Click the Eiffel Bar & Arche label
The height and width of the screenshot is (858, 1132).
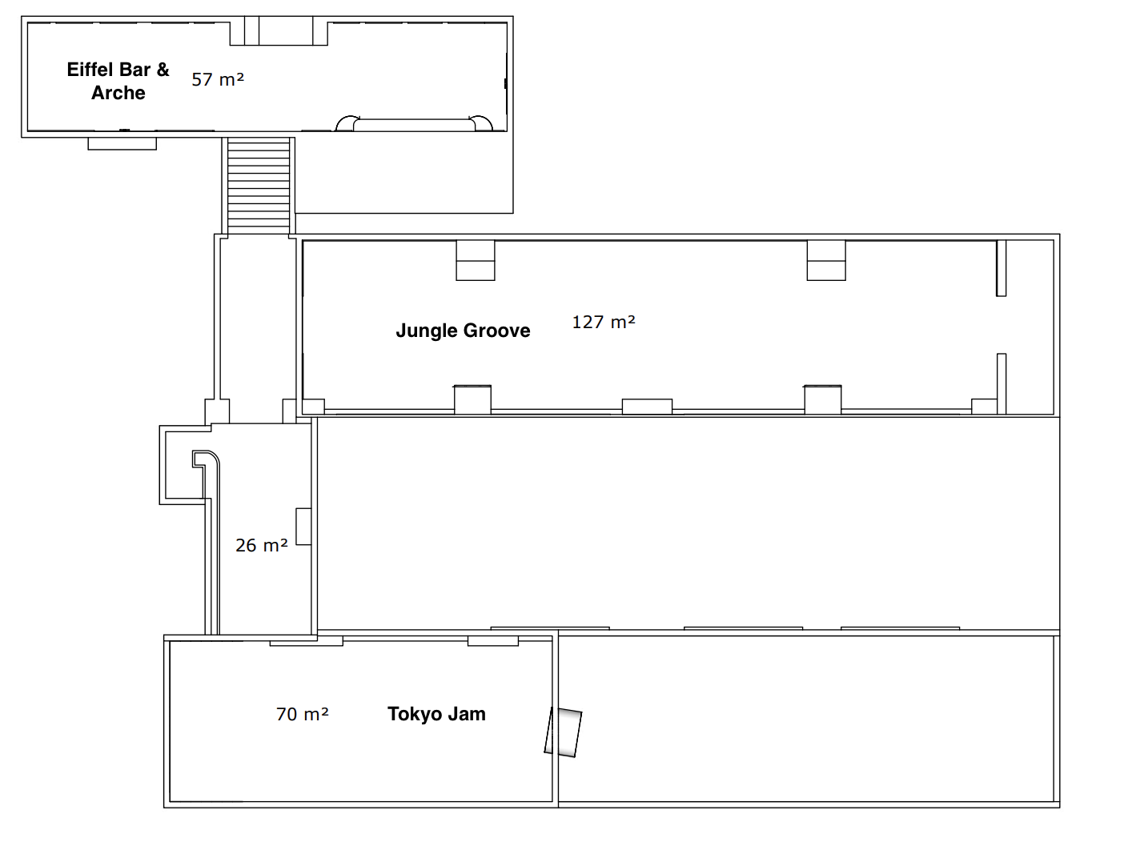(x=118, y=81)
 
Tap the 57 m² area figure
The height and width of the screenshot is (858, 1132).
(x=218, y=79)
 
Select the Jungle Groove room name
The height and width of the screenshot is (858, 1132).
(x=463, y=331)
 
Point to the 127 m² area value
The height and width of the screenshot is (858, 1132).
(x=604, y=323)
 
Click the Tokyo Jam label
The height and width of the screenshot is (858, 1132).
(x=436, y=714)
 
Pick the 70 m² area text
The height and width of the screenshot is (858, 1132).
(x=302, y=714)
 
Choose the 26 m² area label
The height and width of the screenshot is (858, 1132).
(x=262, y=546)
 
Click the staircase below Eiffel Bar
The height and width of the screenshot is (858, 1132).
(x=259, y=186)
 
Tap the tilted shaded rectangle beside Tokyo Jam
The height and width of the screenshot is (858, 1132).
(x=563, y=732)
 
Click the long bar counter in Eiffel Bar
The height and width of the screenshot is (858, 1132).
(x=414, y=124)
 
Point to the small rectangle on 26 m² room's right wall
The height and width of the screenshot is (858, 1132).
(x=303, y=527)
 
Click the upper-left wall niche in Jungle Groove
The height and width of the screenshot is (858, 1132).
(x=475, y=260)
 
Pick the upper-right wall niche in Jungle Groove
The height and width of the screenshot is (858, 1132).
(x=826, y=260)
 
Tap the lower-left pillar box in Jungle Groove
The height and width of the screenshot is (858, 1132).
(x=472, y=399)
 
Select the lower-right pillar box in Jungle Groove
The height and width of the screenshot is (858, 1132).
(x=823, y=399)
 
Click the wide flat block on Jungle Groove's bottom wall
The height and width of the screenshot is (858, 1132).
(x=647, y=407)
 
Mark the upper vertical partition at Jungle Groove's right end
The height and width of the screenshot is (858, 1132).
(x=1001, y=268)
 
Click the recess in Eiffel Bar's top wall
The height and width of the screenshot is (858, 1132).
(x=279, y=31)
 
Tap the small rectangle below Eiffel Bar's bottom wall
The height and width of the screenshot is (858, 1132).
(x=122, y=144)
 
